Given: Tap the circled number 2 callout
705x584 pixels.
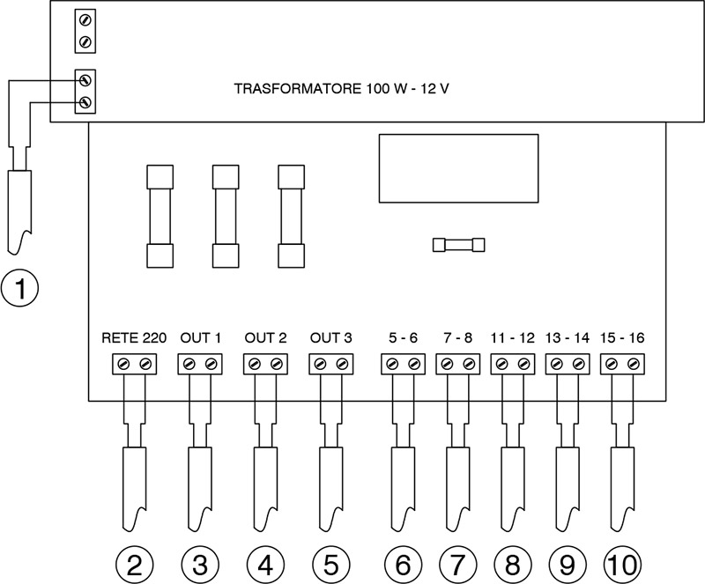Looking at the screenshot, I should [135, 561].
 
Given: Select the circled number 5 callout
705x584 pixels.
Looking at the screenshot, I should [331, 561].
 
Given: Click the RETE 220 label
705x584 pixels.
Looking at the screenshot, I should [129, 338].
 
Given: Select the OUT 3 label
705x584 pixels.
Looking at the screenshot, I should [331, 338].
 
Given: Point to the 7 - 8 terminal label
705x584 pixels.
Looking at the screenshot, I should [457, 338].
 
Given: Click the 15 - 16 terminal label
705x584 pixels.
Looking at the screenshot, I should [621, 338].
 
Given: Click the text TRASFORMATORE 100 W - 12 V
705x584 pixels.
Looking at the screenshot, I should [343, 89].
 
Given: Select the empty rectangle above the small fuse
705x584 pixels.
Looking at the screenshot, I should [457, 169].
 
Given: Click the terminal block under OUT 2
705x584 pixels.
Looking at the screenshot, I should [264, 364].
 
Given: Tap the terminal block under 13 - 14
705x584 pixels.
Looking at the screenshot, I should [567, 364].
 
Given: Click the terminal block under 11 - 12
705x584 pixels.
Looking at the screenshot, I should [512, 364].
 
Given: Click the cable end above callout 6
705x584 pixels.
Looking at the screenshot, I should [402, 480].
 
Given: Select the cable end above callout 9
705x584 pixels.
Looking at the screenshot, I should [567, 480].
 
